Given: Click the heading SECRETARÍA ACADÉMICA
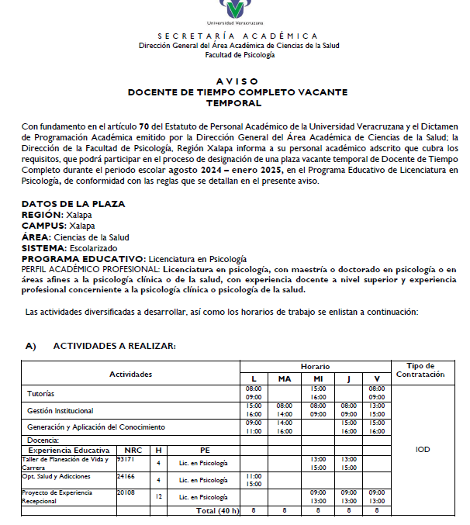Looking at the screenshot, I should tap(237, 36).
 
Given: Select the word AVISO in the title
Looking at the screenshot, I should tap(238, 81).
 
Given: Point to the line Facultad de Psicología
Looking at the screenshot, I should tap(238, 55).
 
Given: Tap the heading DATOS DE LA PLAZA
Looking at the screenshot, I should tap(73, 204).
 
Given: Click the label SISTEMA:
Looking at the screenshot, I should tap(43, 248).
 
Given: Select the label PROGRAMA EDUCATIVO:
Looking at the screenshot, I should tap(83, 259).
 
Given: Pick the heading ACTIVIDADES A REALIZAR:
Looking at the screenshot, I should tap(114, 346).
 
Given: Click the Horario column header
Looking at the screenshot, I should tap(316, 366).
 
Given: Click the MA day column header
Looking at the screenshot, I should tap(285, 378).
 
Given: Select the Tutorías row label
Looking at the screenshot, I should tap(41, 394).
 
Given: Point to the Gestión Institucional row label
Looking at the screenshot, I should tap(60, 410).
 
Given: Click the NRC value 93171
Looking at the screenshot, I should tap(125, 459).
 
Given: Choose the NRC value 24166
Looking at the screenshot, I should tap(126, 476).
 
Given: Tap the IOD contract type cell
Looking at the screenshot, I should tap(423, 449).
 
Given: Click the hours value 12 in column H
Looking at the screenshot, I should tap(158, 496).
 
